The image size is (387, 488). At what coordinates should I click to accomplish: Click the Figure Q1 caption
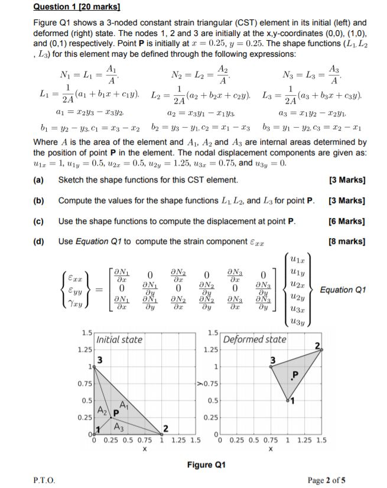pos(206,464)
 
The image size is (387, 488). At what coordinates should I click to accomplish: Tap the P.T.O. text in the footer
pos(44,480)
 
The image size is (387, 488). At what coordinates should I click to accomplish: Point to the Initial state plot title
pos(119,340)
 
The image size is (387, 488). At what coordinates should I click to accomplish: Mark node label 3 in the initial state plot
pos(100,359)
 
